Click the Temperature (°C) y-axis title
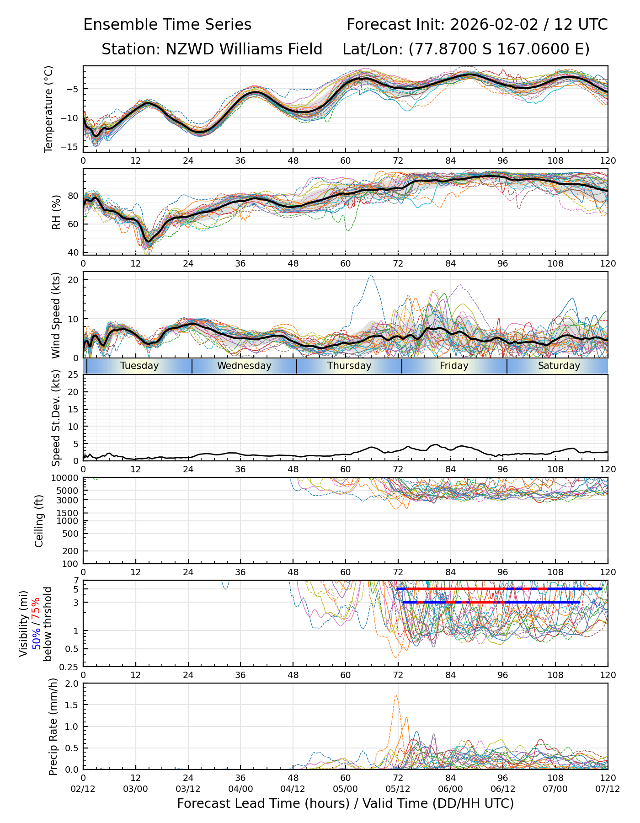click(48, 109)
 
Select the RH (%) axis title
click(56, 212)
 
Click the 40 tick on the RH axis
click(73, 252)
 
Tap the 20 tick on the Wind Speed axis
click(73, 279)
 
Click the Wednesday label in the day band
click(244, 366)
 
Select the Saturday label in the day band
click(559, 366)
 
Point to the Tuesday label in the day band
click(139, 366)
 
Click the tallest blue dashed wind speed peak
click(371, 275)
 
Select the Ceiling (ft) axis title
click(39, 521)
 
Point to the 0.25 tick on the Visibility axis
click(69, 667)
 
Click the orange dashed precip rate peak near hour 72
click(395, 695)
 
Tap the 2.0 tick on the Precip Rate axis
click(72, 684)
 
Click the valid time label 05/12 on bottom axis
click(398, 789)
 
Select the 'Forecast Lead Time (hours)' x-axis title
click(261, 804)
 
